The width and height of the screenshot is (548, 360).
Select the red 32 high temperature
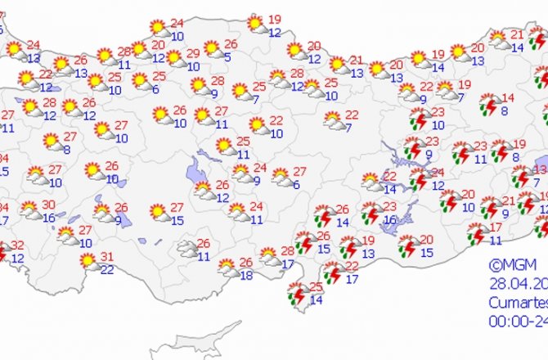click(17, 245)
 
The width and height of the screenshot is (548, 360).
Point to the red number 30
click(49, 205)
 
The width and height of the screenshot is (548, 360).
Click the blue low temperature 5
click(227, 57)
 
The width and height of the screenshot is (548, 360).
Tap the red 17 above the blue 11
click(496, 227)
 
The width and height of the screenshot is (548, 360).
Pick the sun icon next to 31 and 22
click(88, 261)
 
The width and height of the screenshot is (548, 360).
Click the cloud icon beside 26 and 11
click(186, 248)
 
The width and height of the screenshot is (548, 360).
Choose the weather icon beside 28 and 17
click(268, 255)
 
